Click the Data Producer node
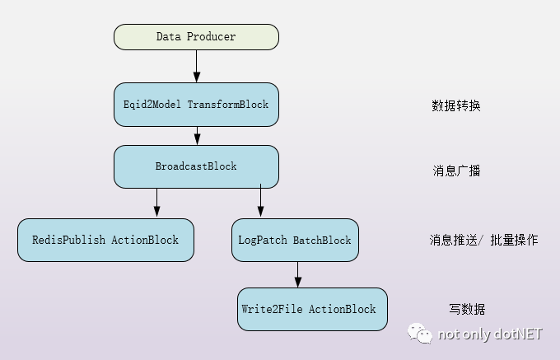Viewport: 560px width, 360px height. (196, 37)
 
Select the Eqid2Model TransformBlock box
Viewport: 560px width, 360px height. (196, 105)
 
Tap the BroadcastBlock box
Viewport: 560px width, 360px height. (196, 166)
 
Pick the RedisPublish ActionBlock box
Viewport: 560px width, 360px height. (105, 240)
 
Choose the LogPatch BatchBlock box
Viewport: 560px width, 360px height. (295, 240)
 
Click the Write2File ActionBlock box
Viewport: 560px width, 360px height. (312, 309)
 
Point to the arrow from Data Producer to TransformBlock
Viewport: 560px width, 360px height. (197, 67)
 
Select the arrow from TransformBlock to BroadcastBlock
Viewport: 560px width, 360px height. (197, 136)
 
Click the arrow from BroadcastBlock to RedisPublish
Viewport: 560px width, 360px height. (156, 203)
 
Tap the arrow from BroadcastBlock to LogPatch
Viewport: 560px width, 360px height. (261, 200)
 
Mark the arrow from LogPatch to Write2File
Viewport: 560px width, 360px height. (298, 274)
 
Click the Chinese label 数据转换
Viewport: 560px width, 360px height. (456, 105)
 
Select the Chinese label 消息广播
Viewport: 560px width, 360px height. (456, 171)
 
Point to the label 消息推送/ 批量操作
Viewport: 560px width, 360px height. (483, 240)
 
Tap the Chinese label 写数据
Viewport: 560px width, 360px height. (467, 309)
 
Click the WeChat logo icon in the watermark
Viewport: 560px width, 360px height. (420, 334)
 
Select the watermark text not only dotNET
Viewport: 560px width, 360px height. (490, 334)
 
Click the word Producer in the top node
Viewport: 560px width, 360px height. (211, 36)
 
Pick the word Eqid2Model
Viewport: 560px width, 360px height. (152, 105)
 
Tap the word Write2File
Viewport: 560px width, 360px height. (272, 309)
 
